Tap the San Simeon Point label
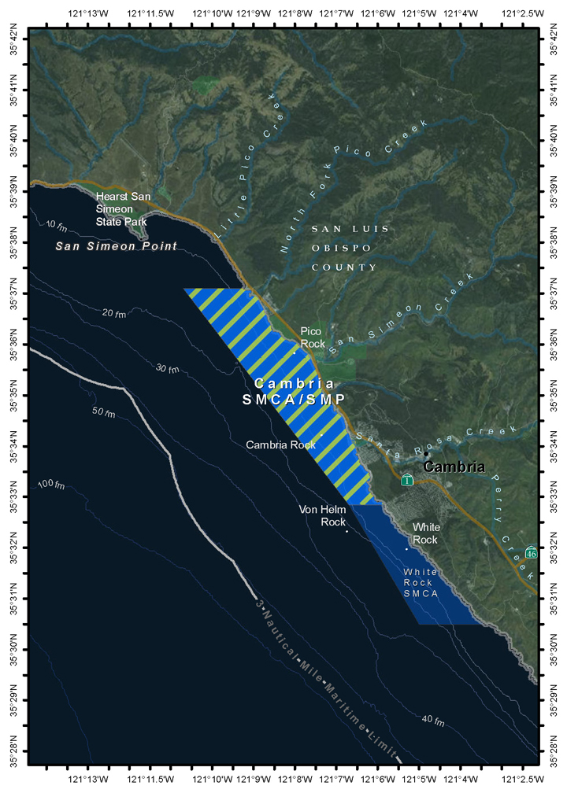tap(116, 246)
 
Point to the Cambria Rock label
tap(280, 444)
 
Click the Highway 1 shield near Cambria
tap(406, 480)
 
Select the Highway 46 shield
tap(532, 552)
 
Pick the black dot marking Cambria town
tap(426, 454)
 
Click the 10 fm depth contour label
tap(56, 226)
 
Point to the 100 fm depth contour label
tap(50, 484)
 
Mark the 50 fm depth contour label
tap(104, 413)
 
